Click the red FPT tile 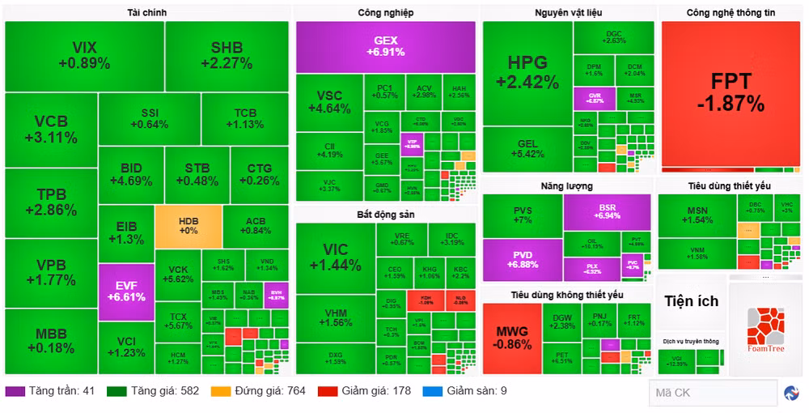[731, 93]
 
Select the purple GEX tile [385, 47]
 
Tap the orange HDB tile [188, 226]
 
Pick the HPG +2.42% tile [527, 73]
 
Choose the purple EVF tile [126, 291]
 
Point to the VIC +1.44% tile [335, 257]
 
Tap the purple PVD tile [522, 259]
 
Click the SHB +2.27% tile [227, 56]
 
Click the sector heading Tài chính [146, 13]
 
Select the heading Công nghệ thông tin [731, 13]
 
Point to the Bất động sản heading [385, 215]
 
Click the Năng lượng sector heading [567, 186]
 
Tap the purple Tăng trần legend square [14, 391]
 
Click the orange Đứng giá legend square [220, 391]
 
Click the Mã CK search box [712, 393]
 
